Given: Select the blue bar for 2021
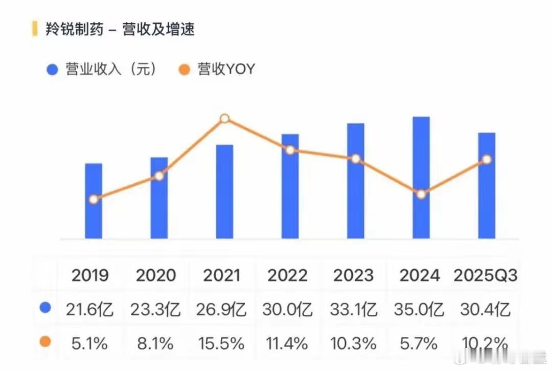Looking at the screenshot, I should coord(224,192).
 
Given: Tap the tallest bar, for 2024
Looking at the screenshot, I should coord(421,177).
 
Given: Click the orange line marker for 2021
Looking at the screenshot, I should coord(224,119).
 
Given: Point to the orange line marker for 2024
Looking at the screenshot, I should coord(421,194).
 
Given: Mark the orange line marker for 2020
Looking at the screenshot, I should coord(159,176).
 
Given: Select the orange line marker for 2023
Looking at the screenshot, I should coord(356,159).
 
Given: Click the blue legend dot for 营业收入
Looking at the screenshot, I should coord(52,70).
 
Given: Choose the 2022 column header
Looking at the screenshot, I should coord(288,275).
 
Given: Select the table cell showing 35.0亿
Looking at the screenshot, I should coord(419,309).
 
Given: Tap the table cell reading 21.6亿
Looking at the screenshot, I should coord(90,309).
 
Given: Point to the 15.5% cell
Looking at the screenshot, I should coord(222,343).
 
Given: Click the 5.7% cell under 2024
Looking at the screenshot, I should coord(419,343).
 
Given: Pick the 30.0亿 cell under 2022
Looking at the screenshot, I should coord(288,309).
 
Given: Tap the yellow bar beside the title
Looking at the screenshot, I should coord(35,29).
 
